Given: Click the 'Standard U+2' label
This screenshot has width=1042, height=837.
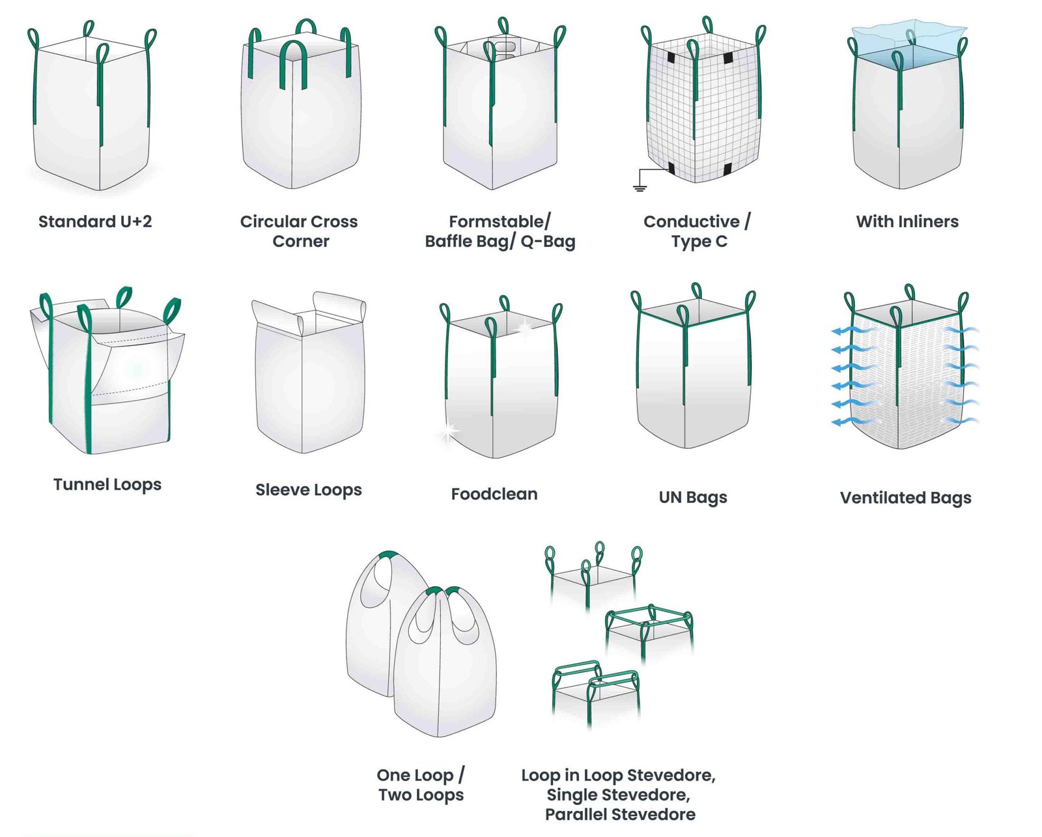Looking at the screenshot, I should point(95,221).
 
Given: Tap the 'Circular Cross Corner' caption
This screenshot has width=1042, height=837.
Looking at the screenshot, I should point(299,231).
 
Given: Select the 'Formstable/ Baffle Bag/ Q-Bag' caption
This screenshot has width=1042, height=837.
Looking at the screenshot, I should point(500,231).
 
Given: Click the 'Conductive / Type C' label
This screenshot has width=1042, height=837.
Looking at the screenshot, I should point(697,231).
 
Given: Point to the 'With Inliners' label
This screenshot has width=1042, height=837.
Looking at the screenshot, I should point(907,221).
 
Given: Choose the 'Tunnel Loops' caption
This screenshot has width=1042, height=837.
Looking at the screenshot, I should point(107,485).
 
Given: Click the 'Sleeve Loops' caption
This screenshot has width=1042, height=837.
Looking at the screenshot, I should point(308,490).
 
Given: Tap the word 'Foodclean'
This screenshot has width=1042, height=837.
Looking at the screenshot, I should point(494,494).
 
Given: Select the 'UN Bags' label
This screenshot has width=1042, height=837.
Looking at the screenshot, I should point(693,498).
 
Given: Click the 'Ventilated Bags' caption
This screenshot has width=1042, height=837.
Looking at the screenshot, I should point(905,498).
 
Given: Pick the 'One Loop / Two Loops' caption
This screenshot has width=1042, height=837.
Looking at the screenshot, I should point(421,785).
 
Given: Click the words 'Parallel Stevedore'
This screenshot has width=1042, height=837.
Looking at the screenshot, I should point(620,815).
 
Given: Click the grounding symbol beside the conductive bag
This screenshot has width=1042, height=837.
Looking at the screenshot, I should point(640,188).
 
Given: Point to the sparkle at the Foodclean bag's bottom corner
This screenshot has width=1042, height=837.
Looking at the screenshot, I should point(448,431).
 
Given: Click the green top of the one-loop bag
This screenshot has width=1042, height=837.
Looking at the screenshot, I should point(388,555).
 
